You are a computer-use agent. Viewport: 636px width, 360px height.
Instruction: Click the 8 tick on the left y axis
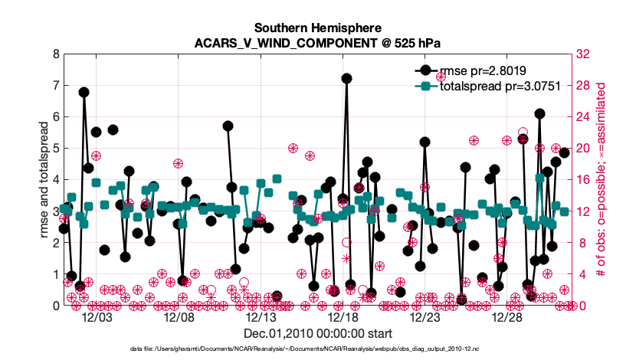tap(54, 55)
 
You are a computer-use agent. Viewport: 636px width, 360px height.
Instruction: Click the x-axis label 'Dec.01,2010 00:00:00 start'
tap(318, 333)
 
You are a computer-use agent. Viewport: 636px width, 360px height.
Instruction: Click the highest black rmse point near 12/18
tap(346, 78)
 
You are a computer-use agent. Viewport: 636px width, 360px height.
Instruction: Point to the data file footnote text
tap(306, 349)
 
